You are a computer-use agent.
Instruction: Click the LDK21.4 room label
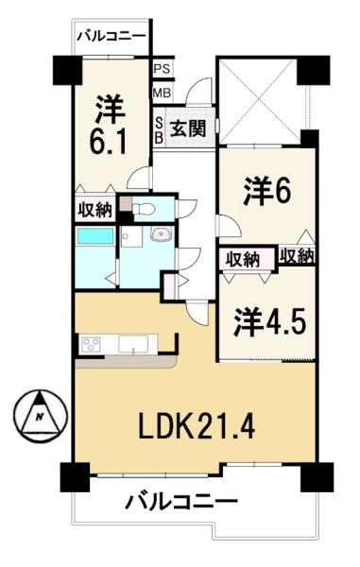coord(197,427)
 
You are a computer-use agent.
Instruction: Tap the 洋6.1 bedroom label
coord(109,125)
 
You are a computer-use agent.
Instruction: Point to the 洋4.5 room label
coord(270,321)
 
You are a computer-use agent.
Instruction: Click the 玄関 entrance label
coord(188,128)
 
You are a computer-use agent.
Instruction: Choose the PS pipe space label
coord(162,69)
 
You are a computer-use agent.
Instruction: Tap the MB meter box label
coord(162,94)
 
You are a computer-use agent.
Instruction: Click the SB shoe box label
coord(159,130)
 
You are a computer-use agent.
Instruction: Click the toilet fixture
coord(144,208)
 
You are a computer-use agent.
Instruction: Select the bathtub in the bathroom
coord(95,236)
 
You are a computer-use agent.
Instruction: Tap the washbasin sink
coord(161,234)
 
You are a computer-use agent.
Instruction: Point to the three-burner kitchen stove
coord(91,344)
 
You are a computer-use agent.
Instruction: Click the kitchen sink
coord(133,344)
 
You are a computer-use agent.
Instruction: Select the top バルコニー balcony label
coord(112,36)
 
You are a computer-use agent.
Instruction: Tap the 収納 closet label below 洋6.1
coord(95,210)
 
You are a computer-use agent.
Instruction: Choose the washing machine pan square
coord(131,236)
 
